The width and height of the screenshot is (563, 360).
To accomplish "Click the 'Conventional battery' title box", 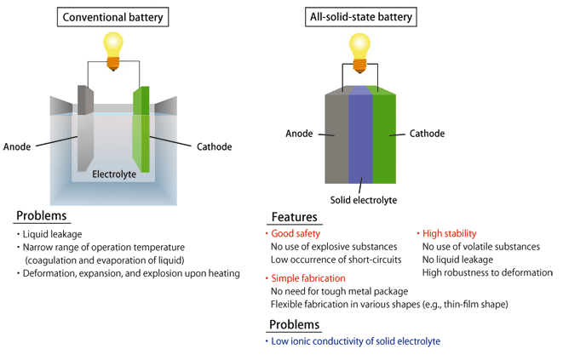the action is point(112,17).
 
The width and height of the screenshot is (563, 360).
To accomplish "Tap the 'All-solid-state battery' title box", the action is point(361,17).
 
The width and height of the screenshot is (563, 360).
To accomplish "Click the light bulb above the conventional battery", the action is point(113,51).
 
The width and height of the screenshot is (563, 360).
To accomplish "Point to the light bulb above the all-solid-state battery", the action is point(359,53).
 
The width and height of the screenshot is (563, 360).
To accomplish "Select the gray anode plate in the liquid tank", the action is point(85,129).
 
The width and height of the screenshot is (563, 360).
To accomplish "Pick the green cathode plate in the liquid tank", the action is point(141,129).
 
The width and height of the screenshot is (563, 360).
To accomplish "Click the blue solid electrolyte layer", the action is point(360,135).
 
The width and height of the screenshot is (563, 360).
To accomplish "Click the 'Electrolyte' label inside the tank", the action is point(114,174).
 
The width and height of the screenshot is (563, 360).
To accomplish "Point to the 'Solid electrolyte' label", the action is point(364,200).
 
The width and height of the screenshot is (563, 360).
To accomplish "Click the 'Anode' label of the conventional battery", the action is point(17,146).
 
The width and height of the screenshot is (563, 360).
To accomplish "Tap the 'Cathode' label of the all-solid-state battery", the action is point(427,134).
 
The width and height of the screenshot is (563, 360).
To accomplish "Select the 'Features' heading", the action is point(294,217).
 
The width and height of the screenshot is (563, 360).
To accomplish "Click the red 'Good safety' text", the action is point(296,234).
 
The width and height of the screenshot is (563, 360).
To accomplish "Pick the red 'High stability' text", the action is point(449,234).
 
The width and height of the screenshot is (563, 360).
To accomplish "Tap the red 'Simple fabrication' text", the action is point(308,278).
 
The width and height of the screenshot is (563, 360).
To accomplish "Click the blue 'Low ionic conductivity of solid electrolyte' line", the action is point(355,341).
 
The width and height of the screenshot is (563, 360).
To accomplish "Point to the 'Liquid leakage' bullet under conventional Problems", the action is point(52,234).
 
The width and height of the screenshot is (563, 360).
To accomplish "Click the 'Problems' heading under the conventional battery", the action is point(41,215).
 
